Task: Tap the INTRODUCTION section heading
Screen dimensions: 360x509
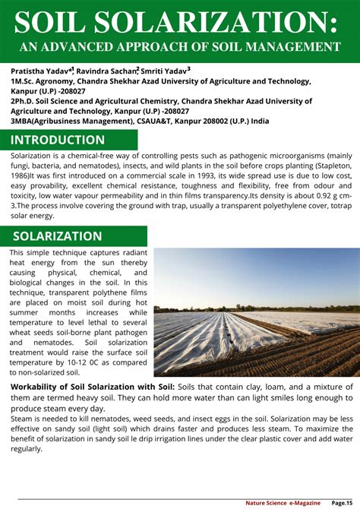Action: [x=58, y=140]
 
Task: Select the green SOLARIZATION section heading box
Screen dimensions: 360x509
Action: [x=58, y=236]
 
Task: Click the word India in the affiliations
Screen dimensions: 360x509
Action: [x=260, y=120]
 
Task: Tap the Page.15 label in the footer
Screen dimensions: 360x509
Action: [x=346, y=502]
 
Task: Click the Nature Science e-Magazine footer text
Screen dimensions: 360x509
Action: [x=282, y=502]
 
